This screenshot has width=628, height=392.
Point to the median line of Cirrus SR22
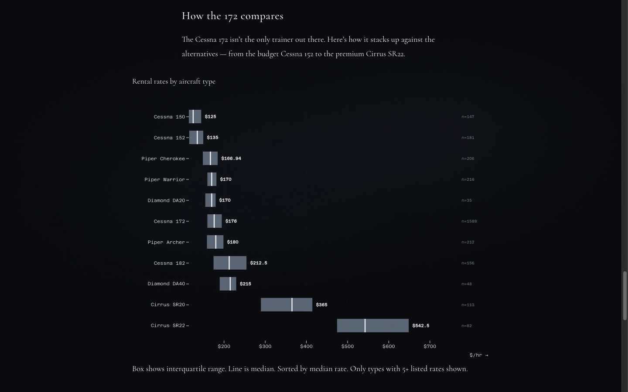pyautogui.click(x=365, y=326)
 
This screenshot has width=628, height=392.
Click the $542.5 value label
pyautogui.click(x=420, y=326)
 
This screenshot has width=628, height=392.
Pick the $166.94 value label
pyautogui.click(x=231, y=159)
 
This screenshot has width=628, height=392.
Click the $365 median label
pyautogui.click(x=321, y=305)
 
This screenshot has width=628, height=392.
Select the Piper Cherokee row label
pyautogui.click(x=163, y=159)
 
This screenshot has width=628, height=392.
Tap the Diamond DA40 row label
pyautogui.click(x=166, y=284)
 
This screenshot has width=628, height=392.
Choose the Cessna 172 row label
pyautogui.click(x=169, y=221)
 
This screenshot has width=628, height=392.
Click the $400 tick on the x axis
pyautogui.click(x=306, y=346)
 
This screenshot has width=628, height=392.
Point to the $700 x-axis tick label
pyautogui.click(x=430, y=346)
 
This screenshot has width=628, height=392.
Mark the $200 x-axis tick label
pyautogui.click(x=224, y=346)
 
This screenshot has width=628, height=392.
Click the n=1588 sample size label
pyautogui.click(x=469, y=221)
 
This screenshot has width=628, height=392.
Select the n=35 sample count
pyautogui.click(x=466, y=200)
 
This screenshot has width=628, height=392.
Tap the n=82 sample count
pyautogui.click(x=466, y=326)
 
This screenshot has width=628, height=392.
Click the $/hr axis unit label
pyautogui.click(x=478, y=355)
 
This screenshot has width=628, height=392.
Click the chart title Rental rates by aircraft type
pyautogui.click(x=174, y=81)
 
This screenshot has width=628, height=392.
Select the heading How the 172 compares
pyautogui.click(x=232, y=16)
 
